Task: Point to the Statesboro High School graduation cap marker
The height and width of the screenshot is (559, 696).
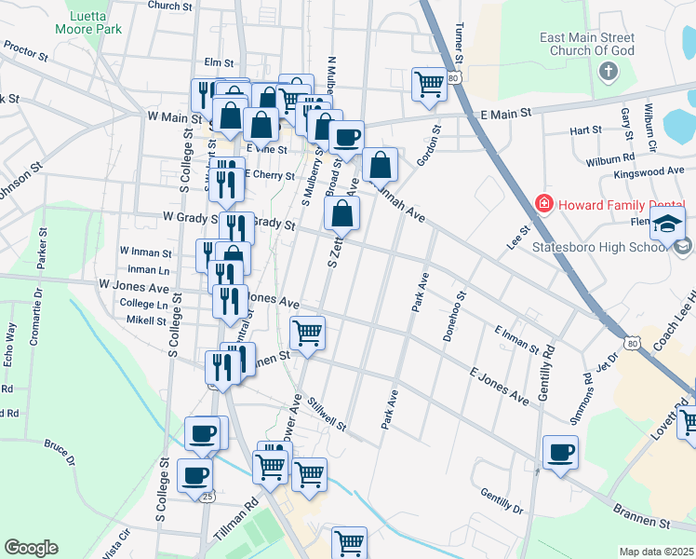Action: coord(668,225)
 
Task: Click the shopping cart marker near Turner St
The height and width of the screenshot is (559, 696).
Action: coord(429,84)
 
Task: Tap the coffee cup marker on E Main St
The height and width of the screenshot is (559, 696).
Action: coord(347,138)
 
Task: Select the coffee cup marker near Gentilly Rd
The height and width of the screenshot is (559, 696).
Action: coord(560,453)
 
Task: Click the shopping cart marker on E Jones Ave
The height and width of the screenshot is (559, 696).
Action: coord(307,332)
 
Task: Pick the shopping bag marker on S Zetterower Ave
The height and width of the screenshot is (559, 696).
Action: coord(342,212)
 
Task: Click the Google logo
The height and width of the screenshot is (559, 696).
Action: coord(31,548)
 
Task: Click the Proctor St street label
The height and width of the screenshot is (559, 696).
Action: coord(25,49)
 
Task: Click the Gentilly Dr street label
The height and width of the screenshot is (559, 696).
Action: coord(502,500)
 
